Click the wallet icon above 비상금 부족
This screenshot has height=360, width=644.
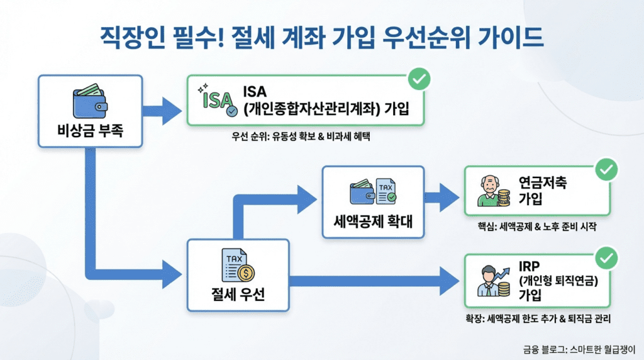click(x=89, y=101)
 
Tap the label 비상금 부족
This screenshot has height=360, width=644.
click(x=89, y=132)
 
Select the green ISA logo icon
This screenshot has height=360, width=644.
click(x=216, y=99)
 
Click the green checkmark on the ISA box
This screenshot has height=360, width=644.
click(x=419, y=79)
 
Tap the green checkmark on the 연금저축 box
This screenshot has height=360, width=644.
click(x=606, y=169)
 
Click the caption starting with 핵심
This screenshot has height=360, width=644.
click(x=536, y=227)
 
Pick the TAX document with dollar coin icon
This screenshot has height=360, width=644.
click(x=237, y=266)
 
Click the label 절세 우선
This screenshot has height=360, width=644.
click(x=238, y=293)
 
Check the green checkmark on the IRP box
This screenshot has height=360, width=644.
click(x=606, y=258)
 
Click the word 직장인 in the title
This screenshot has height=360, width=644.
click(x=135, y=38)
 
